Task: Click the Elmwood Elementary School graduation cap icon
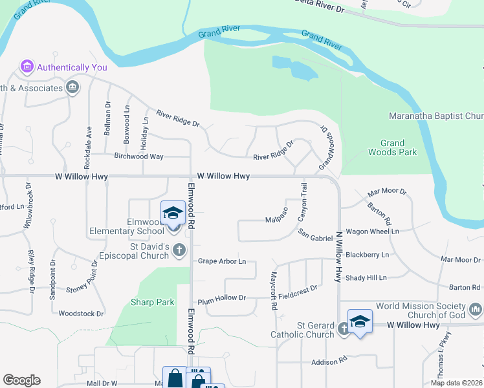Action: coord(173,212)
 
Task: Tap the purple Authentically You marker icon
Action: coord(27,67)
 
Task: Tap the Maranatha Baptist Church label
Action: coord(435,116)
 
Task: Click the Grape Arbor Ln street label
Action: coord(222,261)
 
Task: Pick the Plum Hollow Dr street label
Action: coord(222,298)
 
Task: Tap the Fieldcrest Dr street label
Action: coord(298,288)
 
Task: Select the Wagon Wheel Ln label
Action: coord(373,231)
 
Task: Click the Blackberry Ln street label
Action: coord(367,255)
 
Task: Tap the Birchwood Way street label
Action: coord(138,156)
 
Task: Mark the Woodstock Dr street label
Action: coord(81,314)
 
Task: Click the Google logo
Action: coord(21,380)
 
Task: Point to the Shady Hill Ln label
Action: coord(366,277)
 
